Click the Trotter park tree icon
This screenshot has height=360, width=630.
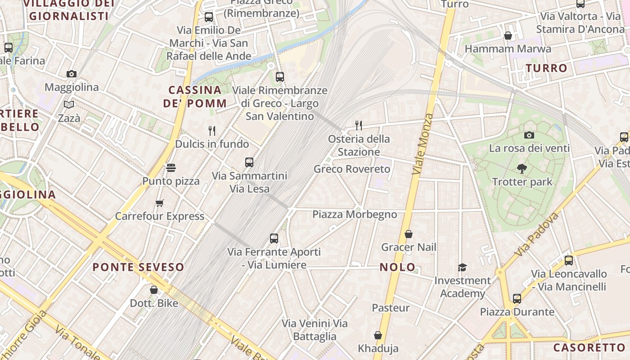[522, 169]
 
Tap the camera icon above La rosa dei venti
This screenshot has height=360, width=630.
[529, 135]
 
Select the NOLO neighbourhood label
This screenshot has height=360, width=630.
[398, 267]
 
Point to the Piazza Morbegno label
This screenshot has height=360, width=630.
[355, 214]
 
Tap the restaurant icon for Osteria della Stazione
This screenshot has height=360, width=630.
[359, 125]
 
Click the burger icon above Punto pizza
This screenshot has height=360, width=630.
[171, 168]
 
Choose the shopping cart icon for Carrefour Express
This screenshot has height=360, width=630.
[160, 203]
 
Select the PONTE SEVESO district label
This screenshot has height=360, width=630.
[139, 267]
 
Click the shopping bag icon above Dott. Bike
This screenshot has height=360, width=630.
[154, 290]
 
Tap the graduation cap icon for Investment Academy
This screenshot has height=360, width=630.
[462, 267]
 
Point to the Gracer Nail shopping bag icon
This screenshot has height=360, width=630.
[409, 234]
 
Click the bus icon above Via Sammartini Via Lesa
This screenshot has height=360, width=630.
[249, 162]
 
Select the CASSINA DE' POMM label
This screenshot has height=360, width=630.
[195, 97]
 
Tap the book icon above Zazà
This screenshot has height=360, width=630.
[69, 105]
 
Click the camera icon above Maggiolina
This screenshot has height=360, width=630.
[72, 74]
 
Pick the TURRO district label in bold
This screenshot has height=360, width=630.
[547, 68]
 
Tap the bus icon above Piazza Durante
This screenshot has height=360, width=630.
[517, 298]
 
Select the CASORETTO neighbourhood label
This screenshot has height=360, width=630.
[589, 347]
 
